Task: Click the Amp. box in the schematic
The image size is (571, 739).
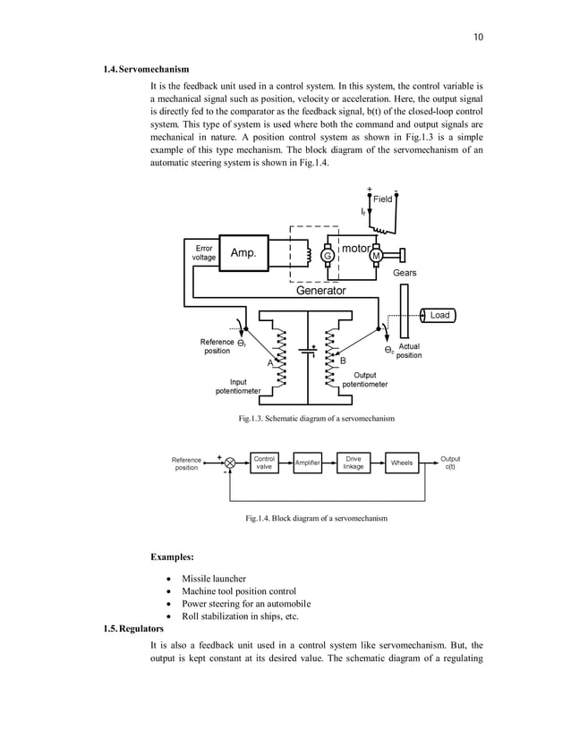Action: (x=243, y=253)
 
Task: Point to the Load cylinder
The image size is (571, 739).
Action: (x=438, y=315)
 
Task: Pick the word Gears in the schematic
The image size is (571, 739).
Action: (x=405, y=272)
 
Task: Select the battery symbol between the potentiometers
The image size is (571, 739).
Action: (x=308, y=351)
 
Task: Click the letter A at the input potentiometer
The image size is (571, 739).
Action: (x=269, y=363)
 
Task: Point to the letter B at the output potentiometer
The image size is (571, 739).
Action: (x=343, y=360)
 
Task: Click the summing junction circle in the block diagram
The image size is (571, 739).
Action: (x=230, y=463)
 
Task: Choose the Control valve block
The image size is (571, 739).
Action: (x=265, y=463)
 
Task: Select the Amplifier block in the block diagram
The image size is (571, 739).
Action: (x=309, y=463)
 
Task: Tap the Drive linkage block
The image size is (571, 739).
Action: (x=354, y=463)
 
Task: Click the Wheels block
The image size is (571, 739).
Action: (x=402, y=463)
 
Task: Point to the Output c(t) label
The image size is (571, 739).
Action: (x=450, y=463)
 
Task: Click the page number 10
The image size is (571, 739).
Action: (x=478, y=37)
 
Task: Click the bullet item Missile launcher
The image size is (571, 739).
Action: (x=213, y=579)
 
